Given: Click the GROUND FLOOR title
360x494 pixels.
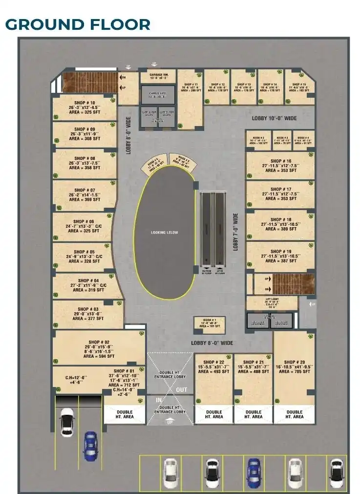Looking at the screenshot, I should (78, 24).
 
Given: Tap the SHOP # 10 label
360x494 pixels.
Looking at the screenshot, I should (85, 96).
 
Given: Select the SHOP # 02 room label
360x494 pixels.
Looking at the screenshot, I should (99, 342).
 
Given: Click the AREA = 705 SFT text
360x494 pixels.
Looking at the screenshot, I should (295, 371).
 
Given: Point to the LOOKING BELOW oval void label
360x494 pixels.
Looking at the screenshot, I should (165, 232).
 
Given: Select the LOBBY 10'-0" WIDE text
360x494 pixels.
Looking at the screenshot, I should (274, 118).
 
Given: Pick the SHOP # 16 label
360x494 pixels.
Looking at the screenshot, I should (281, 161).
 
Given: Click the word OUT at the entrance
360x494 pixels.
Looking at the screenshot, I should (182, 389).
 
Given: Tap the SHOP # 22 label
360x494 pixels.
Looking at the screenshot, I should (213, 362).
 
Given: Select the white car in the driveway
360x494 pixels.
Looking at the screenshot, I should (66, 421).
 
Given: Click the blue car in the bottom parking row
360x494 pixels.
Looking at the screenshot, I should (253, 470).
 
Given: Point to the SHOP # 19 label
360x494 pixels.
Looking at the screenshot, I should (281, 251).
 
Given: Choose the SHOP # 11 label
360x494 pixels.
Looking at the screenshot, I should (189, 84).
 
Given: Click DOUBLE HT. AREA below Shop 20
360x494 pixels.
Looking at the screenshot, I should (295, 414).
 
